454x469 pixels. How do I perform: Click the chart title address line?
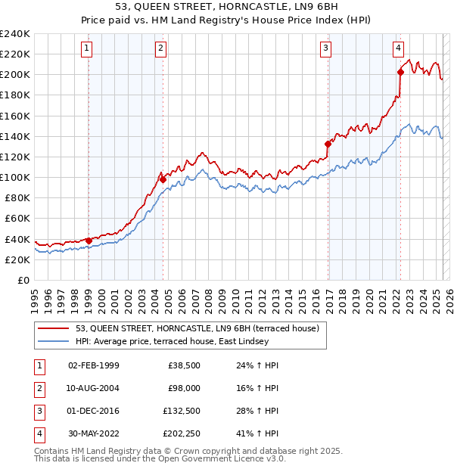point(227,8)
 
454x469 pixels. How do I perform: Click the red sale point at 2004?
point(163,179)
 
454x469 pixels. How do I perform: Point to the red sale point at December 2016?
point(328,144)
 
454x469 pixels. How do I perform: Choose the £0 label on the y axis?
point(23,280)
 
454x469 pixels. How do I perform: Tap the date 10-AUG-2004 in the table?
point(93,387)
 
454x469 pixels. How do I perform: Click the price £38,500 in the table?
point(184,365)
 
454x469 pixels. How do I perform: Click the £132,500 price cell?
point(181,411)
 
